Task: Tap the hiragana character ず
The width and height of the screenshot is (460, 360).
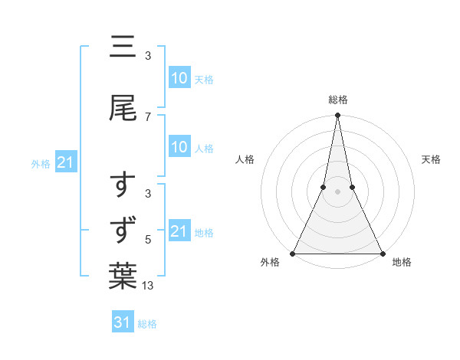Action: tap(123, 229)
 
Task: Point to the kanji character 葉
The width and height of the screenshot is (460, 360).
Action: tap(123, 277)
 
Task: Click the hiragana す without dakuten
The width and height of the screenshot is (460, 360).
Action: tap(123, 186)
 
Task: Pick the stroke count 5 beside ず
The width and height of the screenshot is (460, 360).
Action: tap(148, 240)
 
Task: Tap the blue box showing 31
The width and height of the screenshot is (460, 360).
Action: tap(122, 323)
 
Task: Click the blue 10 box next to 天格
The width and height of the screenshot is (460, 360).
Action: tap(179, 78)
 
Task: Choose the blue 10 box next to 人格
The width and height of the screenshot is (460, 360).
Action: tap(179, 148)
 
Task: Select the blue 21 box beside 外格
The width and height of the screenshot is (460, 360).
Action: tap(66, 163)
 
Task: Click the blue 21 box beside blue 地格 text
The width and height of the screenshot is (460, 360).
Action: tap(179, 232)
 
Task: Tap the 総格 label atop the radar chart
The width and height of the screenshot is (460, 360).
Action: tap(337, 100)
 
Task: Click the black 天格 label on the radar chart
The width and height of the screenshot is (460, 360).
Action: tap(431, 159)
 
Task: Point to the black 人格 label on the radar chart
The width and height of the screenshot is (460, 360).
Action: tap(245, 159)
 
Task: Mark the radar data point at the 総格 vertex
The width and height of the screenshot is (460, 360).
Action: tap(337, 116)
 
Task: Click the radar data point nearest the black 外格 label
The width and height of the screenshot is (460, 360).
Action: tap(293, 253)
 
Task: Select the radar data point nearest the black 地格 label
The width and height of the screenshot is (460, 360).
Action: tap(382, 253)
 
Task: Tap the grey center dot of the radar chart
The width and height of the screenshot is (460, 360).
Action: tap(337, 191)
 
